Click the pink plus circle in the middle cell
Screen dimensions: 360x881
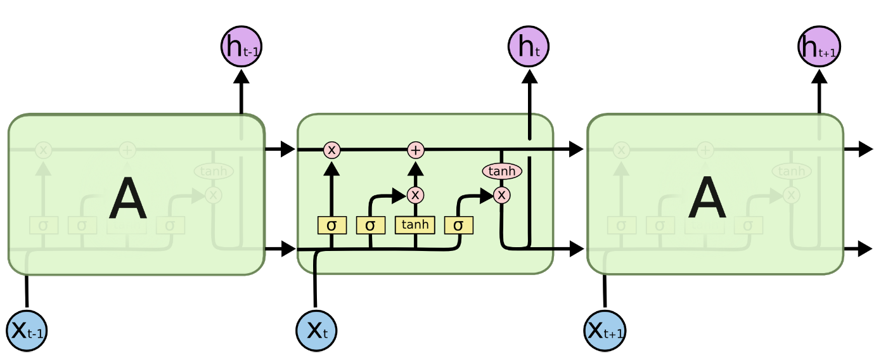click(415, 150)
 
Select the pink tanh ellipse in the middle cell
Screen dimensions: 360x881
click(502, 171)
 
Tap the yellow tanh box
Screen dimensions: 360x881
click(415, 224)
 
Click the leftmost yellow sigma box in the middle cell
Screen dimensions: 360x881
click(331, 225)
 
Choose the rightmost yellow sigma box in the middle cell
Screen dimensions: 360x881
click(458, 225)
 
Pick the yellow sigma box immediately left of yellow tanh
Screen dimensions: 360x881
click(370, 225)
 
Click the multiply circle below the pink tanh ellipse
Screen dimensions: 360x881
click(501, 195)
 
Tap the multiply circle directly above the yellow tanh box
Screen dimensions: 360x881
click(415, 195)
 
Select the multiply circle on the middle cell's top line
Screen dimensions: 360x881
click(331, 150)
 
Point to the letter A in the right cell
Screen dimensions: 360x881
click(707, 198)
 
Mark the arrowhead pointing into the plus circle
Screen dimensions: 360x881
click(415, 168)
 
